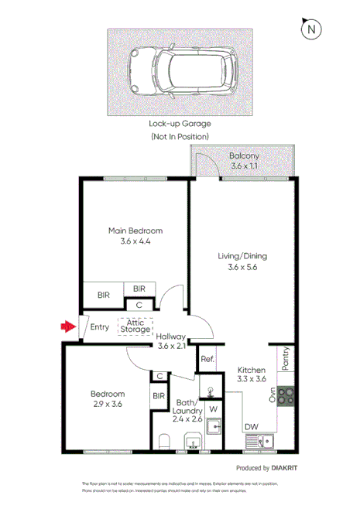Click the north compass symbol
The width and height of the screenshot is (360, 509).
[311, 29]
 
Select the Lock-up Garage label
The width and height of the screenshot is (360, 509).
[180, 123]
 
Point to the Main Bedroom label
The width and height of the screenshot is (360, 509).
[135, 231]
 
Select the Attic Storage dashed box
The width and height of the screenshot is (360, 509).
[135, 326]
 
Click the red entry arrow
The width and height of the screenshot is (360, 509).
[67, 326]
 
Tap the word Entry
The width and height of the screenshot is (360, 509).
[100, 327]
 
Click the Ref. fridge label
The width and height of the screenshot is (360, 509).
[207, 359]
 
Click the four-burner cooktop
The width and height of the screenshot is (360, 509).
[284, 396]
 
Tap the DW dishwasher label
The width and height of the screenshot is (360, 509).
[252, 426]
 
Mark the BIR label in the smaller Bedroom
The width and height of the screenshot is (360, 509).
[159, 397]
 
